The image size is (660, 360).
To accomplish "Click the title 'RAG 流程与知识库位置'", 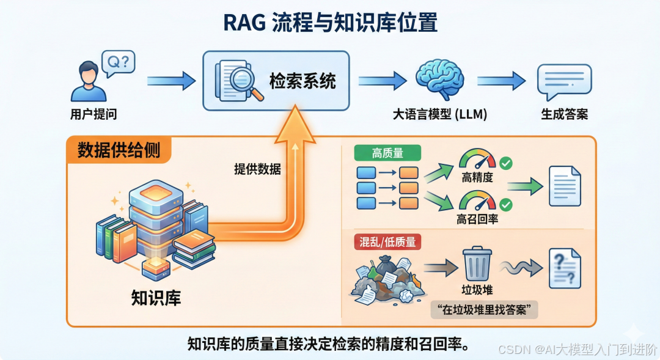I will tap(330, 23).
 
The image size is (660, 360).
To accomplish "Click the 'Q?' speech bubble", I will tap(118, 63).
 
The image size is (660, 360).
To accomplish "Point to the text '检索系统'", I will tap(302, 81).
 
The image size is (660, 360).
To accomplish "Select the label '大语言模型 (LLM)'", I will tap(439, 114).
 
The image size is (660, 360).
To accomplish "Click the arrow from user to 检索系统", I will tap(171, 80).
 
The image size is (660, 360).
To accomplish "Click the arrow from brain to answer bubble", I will tap(501, 81).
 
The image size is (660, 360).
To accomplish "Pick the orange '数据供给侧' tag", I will tap(119, 150).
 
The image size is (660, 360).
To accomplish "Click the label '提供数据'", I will tap(257, 169).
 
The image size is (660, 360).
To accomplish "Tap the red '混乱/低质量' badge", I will tap(386, 242).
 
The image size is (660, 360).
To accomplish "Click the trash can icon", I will tap(477, 263).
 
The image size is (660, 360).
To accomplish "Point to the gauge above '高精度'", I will tap(477, 160).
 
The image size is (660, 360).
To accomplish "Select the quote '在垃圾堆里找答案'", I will tap(483, 309).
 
